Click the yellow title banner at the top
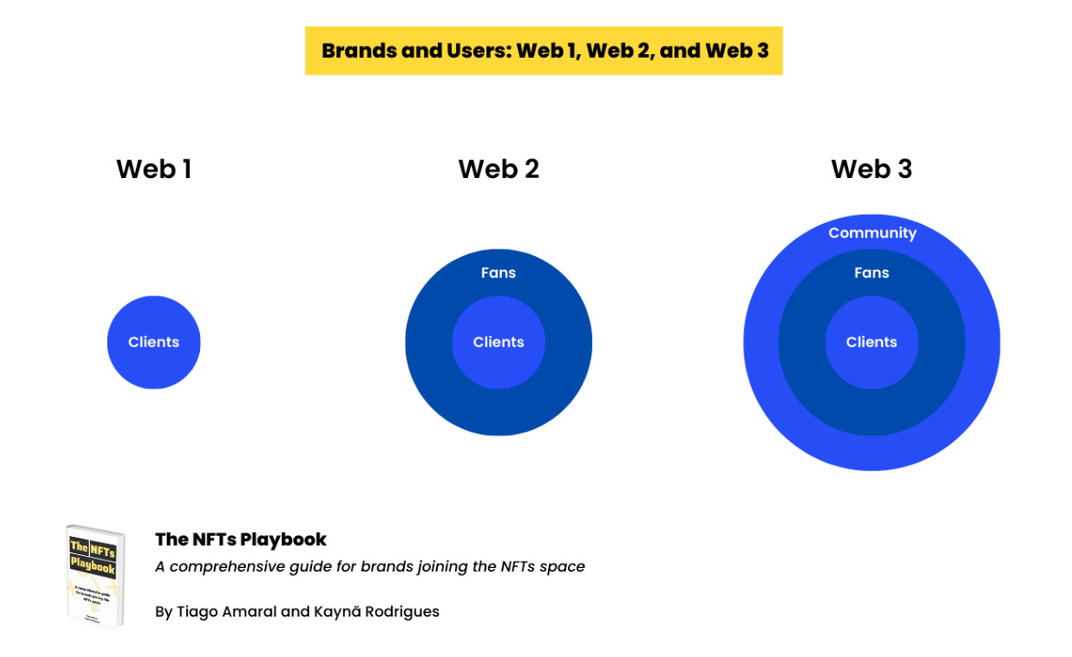point(543,50)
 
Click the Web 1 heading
point(153,169)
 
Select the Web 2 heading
point(498,169)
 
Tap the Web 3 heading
point(871,169)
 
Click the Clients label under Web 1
point(153,342)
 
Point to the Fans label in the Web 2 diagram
point(498,273)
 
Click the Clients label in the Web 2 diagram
point(498,342)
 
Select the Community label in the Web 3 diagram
point(872,233)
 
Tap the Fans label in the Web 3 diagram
point(871,273)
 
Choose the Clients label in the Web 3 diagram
point(871,342)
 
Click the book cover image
point(95,575)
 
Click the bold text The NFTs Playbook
point(240,540)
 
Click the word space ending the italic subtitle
point(564,567)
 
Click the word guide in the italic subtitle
point(310,567)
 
